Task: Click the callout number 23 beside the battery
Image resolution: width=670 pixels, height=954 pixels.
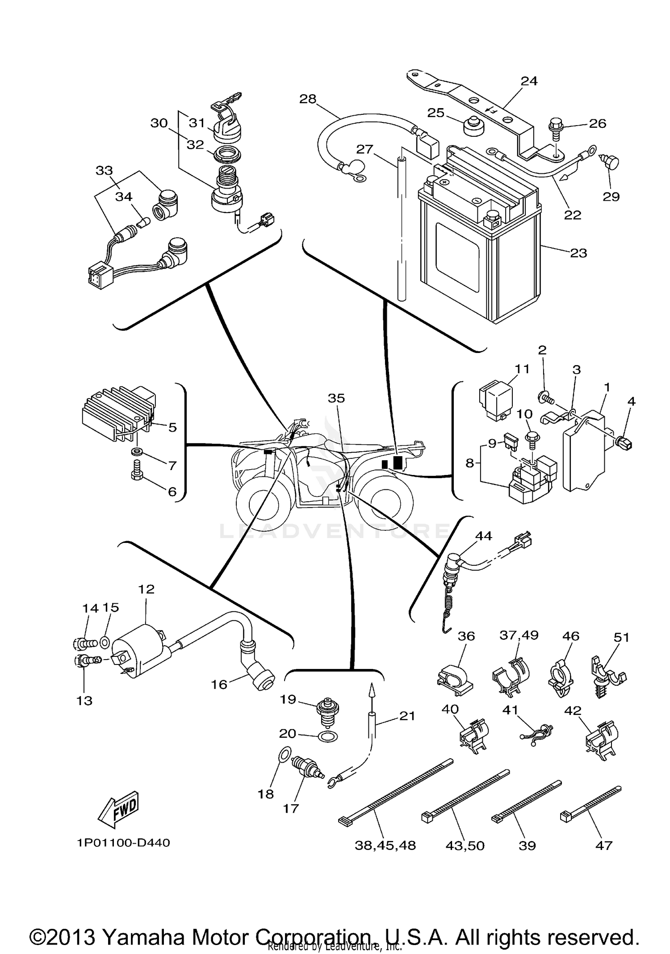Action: click(578, 253)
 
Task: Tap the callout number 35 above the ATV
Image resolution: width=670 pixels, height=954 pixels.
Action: click(336, 398)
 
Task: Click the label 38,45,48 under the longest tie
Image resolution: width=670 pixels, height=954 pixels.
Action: click(385, 845)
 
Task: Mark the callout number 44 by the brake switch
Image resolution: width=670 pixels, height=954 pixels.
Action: click(483, 536)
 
